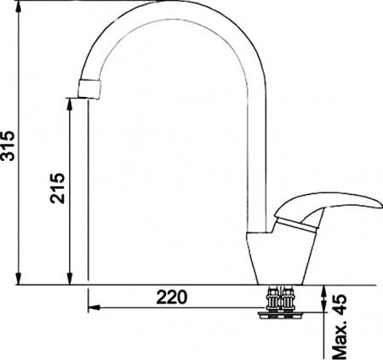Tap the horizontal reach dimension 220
(172, 298)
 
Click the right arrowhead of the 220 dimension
(264, 305)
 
